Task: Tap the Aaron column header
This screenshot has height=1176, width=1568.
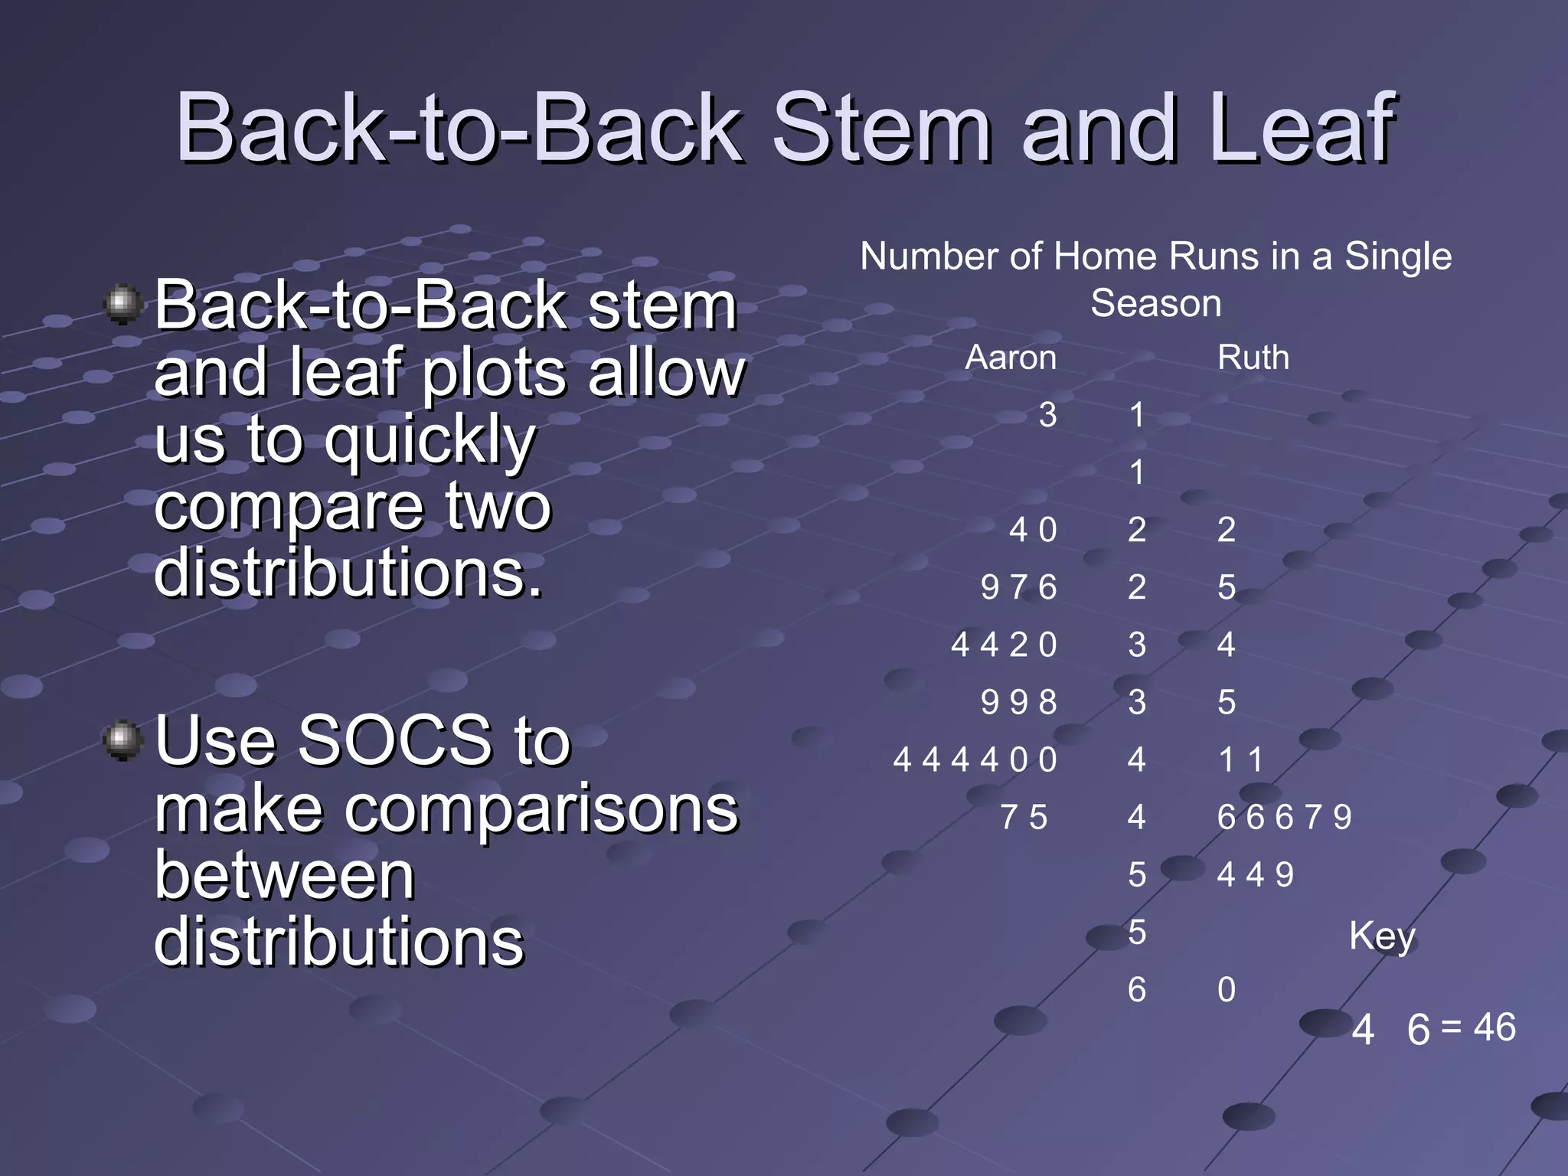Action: point(1011,358)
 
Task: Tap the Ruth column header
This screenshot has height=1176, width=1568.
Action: point(1253,358)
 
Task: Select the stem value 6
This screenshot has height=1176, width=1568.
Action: point(1137,990)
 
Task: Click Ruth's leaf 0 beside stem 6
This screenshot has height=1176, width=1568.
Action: point(1227,990)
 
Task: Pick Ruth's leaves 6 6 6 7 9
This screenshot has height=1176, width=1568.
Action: point(1284,817)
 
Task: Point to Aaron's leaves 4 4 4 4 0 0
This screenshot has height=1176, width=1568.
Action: point(975,759)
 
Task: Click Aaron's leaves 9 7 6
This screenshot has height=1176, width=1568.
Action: point(1018,587)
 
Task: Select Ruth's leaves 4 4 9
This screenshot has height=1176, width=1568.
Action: point(1255,874)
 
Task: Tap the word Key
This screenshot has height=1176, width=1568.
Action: point(1382,936)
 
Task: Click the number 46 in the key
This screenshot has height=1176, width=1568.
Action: point(1494,1027)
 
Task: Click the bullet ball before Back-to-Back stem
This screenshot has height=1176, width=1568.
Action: point(122,304)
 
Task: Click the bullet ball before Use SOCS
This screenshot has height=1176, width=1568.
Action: point(122,740)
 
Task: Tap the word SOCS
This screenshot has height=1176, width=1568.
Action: point(395,740)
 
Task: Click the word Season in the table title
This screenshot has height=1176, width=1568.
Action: point(1155,303)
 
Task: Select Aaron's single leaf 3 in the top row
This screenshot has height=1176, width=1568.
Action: point(1047,415)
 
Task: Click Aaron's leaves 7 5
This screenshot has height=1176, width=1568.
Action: point(1024,817)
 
